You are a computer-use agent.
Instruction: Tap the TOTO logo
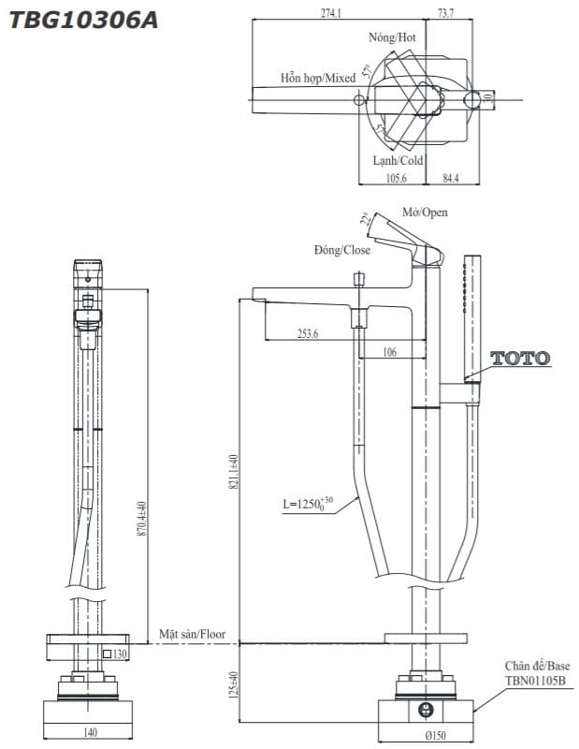tap(521, 358)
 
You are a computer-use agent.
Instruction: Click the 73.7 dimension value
tap(445, 12)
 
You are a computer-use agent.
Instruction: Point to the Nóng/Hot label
tap(392, 37)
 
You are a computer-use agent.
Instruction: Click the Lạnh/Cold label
tap(398, 160)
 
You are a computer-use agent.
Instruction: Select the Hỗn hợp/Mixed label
tap(318, 79)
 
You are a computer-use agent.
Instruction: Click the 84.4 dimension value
tap(450, 178)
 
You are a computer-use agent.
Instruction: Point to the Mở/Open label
tap(425, 213)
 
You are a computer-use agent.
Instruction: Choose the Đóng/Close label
tap(342, 250)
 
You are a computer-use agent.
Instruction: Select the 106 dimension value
tap(390, 352)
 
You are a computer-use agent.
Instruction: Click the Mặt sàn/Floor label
tap(192, 634)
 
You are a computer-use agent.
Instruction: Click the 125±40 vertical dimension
tap(233, 689)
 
